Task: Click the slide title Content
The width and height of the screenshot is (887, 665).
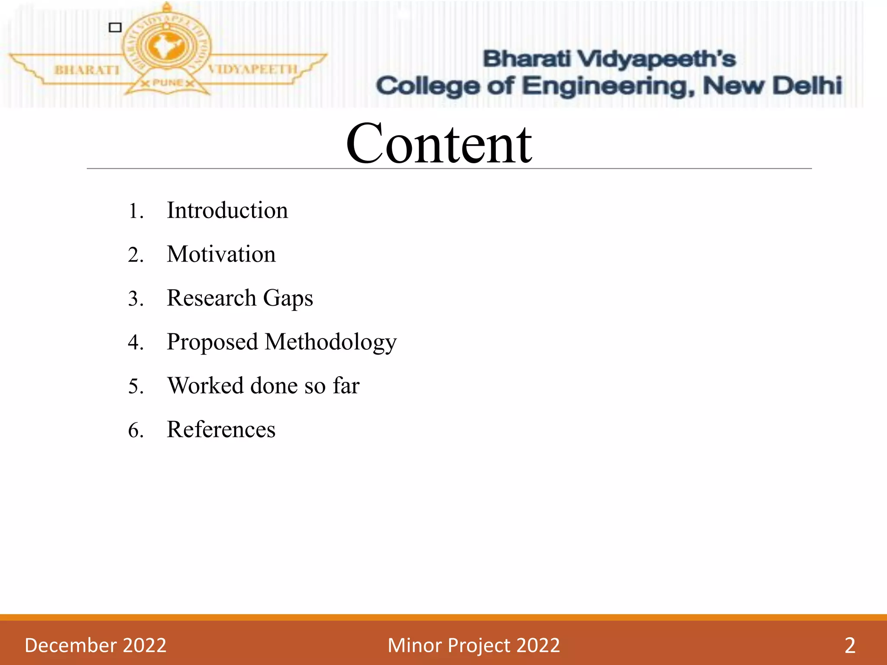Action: (x=439, y=144)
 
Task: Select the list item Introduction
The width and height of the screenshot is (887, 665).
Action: (x=227, y=210)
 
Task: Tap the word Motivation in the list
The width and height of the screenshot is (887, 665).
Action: (x=221, y=254)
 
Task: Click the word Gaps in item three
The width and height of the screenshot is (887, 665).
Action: (x=288, y=299)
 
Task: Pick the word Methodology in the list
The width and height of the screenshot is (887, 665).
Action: (x=330, y=342)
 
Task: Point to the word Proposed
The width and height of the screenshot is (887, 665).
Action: (x=212, y=342)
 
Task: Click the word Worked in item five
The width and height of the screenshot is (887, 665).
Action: (x=205, y=386)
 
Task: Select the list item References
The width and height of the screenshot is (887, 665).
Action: (x=221, y=430)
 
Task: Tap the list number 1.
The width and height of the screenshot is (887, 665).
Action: (x=135, y=212)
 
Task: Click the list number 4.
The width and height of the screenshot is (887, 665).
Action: (x=135, y=343)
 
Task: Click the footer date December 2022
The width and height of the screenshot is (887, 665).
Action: (x=95, y=645)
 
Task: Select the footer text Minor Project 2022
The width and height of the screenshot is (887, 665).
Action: (x=474, y=645)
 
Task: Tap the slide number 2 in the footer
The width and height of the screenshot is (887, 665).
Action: (x=850, y=645)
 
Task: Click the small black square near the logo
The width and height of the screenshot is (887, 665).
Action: (x=115, y=28)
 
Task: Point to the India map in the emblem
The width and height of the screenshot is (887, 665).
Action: (x=166, y=47)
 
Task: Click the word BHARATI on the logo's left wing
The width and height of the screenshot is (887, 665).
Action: (x=87, y=70)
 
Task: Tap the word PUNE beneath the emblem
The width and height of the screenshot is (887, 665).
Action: (x=167, y=83)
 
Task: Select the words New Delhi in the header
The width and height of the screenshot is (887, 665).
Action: (x=773, y=85)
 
